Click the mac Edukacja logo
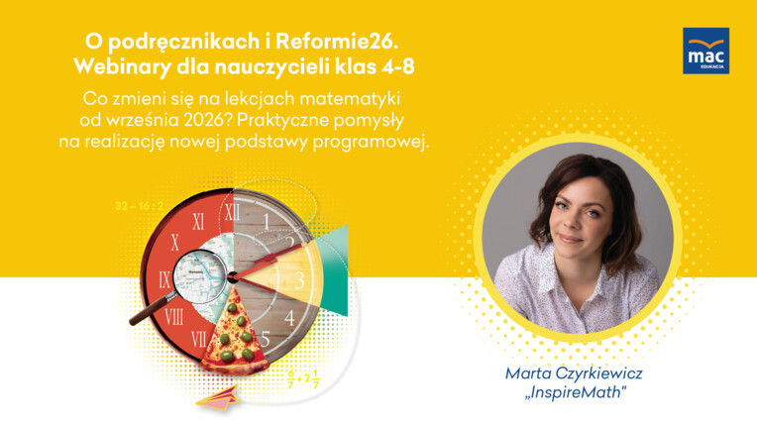point(705,51)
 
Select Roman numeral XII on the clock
point(232,212)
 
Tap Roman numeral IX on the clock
point(164,280)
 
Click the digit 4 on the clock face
point(289,318)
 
